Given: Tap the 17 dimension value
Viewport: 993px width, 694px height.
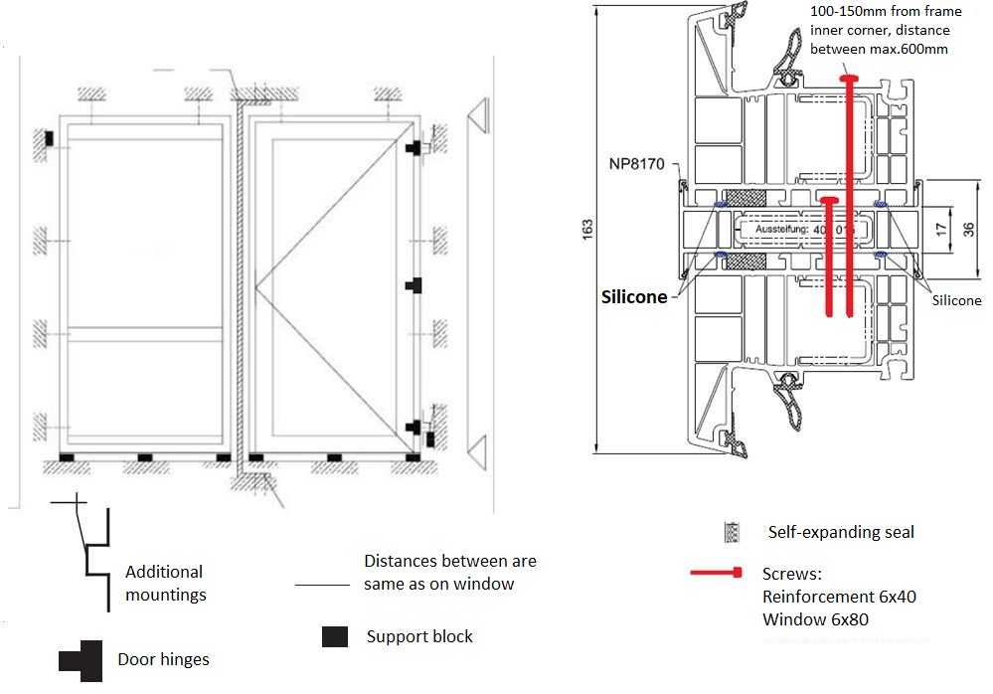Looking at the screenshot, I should click(x=940, y=228).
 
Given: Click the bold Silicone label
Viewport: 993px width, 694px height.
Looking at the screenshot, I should click(x=634, y=297).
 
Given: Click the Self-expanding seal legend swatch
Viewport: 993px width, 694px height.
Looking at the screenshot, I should click(x=733, y=533).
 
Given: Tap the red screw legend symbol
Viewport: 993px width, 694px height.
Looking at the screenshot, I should click(x=718, y=573).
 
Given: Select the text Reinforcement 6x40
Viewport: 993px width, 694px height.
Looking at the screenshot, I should click(x=839, y=597).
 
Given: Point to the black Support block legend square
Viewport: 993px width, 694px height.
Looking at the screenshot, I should click(x=335, y=636).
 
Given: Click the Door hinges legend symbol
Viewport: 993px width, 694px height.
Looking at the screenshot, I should click(x=80, y=660).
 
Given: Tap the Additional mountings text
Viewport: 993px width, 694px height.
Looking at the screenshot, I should click(x=165, y=584).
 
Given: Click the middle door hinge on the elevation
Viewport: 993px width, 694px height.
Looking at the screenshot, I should click(x=414, y=285).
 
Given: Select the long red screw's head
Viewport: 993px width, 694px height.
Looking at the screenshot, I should click(x=849, y=79).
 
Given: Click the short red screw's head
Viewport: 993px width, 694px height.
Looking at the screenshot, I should click(x=828, y=200).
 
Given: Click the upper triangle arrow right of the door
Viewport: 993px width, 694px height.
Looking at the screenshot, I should click(x=477, y=117).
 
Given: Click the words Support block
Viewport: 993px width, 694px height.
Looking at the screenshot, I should click(x=419, y=636).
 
